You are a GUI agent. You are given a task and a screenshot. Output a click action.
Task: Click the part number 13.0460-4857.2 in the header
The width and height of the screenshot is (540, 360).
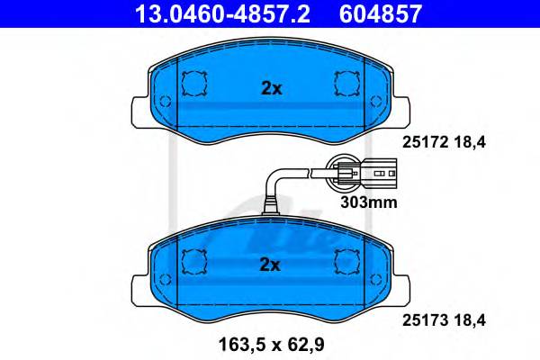click(x=222, y=13)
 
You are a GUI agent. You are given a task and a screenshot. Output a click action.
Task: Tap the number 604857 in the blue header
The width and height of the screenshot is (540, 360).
click(x=381, y=13)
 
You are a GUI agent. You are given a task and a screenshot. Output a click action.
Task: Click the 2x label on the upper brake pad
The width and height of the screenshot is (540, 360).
click(x=272, y=88)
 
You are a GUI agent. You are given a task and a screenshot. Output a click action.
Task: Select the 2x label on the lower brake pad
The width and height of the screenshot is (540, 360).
click(x=270, y=265)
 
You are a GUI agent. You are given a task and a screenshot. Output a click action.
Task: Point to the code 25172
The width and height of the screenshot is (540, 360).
click(x=426, y=142)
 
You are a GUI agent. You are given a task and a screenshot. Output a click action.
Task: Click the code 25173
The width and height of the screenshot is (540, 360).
click(x=426, y=320)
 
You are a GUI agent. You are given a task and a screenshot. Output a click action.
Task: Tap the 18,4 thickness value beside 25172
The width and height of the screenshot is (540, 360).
click(x=470, y=142)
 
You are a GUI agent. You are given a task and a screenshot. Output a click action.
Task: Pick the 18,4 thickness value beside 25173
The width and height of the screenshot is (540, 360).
click(x=470, y=320)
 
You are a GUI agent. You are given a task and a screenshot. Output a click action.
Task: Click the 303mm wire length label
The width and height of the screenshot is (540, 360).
click(x=369, y=202)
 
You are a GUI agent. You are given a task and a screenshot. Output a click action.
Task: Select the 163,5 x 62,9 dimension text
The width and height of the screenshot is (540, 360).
click(x=272, y=345)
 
